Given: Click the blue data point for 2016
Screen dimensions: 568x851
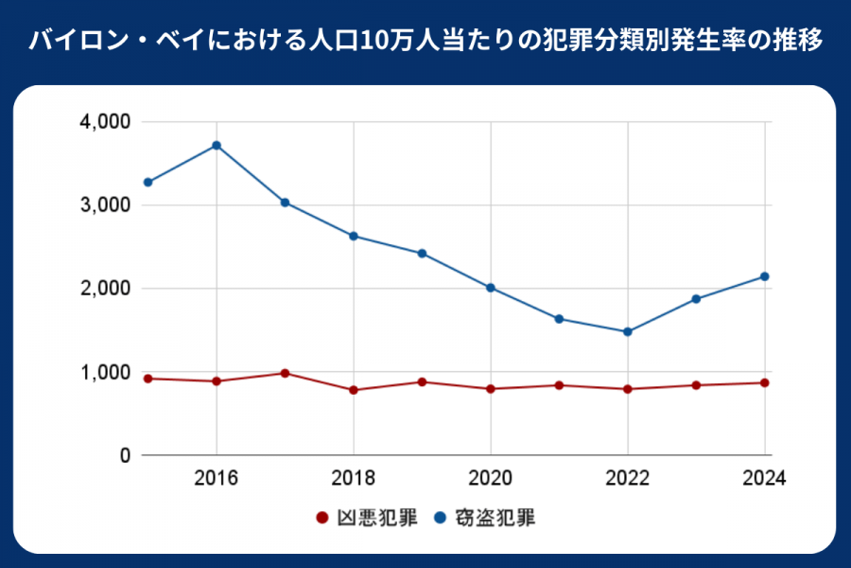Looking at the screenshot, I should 217,145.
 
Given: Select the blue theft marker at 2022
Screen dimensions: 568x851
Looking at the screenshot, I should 627,331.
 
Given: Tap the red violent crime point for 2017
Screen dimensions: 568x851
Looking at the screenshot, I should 285,373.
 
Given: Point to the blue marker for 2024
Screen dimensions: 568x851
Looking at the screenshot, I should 764,276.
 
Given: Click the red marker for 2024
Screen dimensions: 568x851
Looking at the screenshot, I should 764,382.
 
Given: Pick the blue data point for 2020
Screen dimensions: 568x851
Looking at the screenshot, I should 491,288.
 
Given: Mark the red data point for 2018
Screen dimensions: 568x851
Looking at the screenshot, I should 354,390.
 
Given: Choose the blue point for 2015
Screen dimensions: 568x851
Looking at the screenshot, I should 148,182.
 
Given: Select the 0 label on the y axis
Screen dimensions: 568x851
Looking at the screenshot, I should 123,455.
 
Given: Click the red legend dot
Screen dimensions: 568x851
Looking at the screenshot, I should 321,518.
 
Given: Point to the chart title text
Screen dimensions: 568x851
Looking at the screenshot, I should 425,43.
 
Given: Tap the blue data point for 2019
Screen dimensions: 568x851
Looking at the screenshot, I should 422,254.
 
